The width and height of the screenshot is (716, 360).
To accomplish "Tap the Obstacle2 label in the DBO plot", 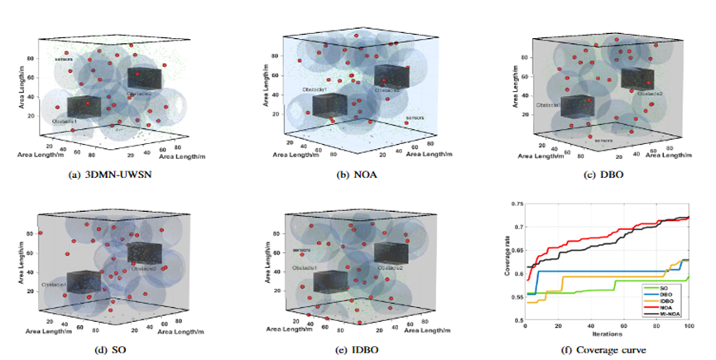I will (651, 94).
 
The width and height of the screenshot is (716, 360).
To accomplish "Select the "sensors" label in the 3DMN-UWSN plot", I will (65, 60).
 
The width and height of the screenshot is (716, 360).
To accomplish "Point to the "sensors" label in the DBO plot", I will (603, 141).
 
